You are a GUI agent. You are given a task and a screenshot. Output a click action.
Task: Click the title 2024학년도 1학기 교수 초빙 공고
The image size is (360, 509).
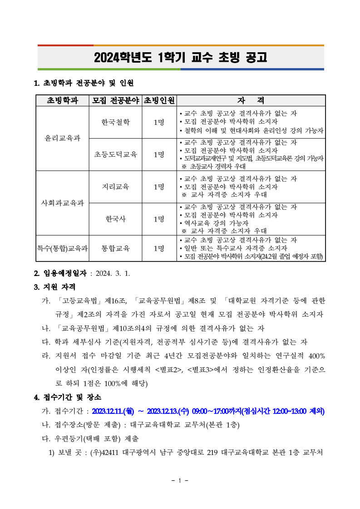pyautogui.click(x=180, y=58)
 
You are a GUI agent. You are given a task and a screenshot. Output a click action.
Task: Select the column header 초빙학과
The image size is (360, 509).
pyautogui.click(x=62, y=100)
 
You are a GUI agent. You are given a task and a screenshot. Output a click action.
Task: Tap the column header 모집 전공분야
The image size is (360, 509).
pyautogui.click(x=115, y=100)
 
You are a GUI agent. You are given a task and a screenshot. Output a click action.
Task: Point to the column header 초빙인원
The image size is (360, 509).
pyautogui.click(x=159, y=100)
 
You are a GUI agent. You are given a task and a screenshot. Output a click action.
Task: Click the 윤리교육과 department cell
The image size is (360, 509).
pyautogui.click(x=62, y=138)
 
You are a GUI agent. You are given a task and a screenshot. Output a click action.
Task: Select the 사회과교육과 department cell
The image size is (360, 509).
pyautogui.click(x=62, y=203)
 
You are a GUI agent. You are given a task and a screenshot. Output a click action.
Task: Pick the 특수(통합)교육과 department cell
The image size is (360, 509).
pyautogui.click(x=62, y=248)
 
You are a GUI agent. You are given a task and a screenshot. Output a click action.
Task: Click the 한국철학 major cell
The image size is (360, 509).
pyautogui.click(x=115, y=122)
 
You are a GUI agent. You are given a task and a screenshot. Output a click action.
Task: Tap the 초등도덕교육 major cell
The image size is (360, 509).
pyautogui.click(x=115, y=154)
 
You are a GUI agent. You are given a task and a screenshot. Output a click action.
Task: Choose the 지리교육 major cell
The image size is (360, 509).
pyautogui.click(x=115, y=187)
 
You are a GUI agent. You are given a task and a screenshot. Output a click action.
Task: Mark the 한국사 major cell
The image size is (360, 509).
pyautogui.click(x=115, y=219)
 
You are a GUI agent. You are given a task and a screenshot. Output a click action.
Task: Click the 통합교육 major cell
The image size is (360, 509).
pyautogui.click(x=115, y=248)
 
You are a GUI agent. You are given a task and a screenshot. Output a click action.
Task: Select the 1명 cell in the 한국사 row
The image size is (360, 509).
pyautogui.click(x=159, y=219)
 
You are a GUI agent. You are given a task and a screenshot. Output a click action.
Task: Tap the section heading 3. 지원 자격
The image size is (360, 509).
pyautogui.click(x=55, y=287)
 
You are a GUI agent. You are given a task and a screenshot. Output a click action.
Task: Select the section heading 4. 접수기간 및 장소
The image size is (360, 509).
pyautogui.click(x=68, y=398)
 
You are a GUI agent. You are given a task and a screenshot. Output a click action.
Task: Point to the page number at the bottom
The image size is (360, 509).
pyautogui.click(x=180, y=481)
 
